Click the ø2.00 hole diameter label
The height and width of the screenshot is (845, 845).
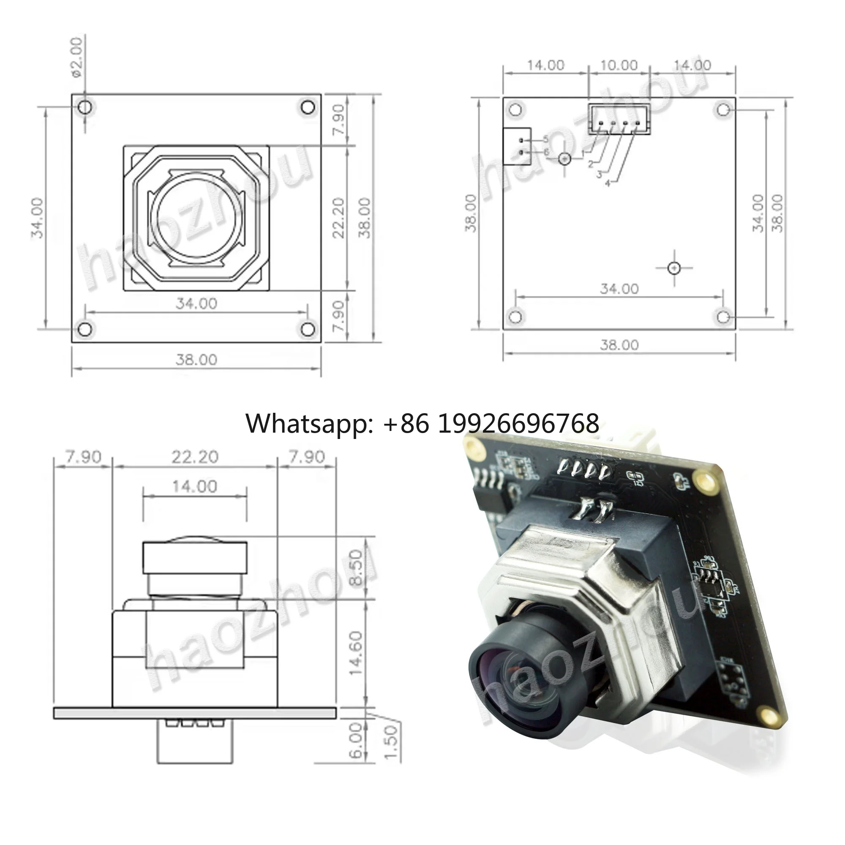77,57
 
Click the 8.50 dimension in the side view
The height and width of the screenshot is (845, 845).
357,568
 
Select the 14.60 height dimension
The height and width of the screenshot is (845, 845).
357,653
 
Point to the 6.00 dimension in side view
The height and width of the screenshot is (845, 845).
357,740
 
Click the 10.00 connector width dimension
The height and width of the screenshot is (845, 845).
619,65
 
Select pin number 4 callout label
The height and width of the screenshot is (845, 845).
607,184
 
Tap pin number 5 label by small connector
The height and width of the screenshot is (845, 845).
546,139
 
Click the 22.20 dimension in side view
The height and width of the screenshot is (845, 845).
195,457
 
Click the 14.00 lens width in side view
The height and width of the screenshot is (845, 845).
195,486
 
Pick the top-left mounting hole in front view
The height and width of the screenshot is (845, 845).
85,107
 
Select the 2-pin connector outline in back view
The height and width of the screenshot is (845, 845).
517,146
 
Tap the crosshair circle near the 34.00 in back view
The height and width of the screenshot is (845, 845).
674,268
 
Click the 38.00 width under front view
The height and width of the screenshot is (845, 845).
196,360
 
